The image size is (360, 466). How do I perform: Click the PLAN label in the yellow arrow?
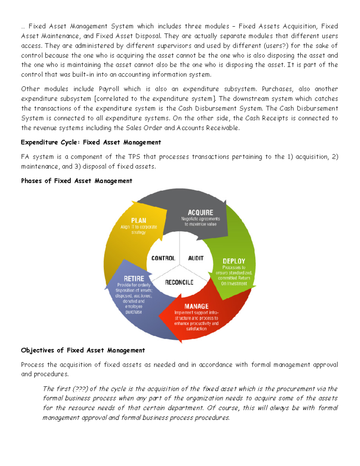[x=139, y=221]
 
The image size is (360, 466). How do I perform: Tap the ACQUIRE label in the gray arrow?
[x=200, y=212]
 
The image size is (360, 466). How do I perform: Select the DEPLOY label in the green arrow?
[x=234, y=261]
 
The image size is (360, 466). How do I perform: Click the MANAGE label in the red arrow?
[x=196, y=306]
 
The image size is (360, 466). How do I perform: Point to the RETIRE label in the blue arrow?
[x=134, y=279]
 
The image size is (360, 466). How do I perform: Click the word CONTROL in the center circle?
[x=163, y=258]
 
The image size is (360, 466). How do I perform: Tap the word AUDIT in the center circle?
[x=196, y=258]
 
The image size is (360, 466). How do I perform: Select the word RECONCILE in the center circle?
[x=179, y=282]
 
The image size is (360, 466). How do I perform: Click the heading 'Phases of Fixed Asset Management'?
[x=76, y=181]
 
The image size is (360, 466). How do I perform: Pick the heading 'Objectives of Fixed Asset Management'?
[x=83, y=350]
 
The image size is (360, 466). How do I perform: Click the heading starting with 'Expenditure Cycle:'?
[x=91, y=142]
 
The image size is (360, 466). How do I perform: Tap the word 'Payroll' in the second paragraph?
[x=109, y=89]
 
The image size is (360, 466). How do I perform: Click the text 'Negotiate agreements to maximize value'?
[x=200, y=221]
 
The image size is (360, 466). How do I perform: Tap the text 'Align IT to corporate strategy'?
[x=139, y=230]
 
